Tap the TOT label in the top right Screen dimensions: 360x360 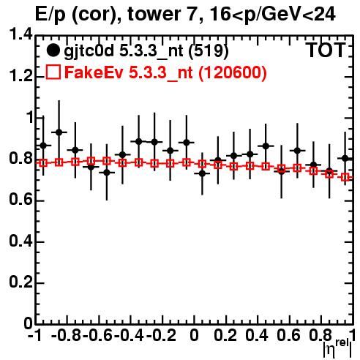[x=326, y=50]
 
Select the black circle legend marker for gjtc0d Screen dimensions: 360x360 [x=53, y=50]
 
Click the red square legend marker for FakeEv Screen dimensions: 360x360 [x=53, y=72]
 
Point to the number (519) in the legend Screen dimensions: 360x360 [x=209, y=50]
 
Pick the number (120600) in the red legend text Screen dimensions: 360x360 [x=233, y=72]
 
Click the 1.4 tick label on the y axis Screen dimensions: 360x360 [x=20, y=35]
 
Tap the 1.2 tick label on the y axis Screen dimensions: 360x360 [x=20, y=76]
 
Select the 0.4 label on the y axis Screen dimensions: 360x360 [x=20, y=241]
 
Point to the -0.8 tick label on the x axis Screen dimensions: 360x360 [x=67, y=335]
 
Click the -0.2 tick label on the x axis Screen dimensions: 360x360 [x=161, y=335]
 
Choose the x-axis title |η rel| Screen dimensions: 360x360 [x=338, y=348]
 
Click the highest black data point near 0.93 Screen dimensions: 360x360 [x=59, y=132]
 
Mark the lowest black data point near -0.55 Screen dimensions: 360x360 [x=107, y=173]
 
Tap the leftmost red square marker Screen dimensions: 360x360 [x=43, y=163]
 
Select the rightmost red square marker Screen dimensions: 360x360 [x=345, y=177]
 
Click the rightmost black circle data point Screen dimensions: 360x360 [x=345, y=159]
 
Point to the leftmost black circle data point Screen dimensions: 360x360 [x=43, y=146]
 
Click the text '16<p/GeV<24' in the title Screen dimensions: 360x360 [x=272, y=15]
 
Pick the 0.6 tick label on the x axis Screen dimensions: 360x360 [x=288, y=335]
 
